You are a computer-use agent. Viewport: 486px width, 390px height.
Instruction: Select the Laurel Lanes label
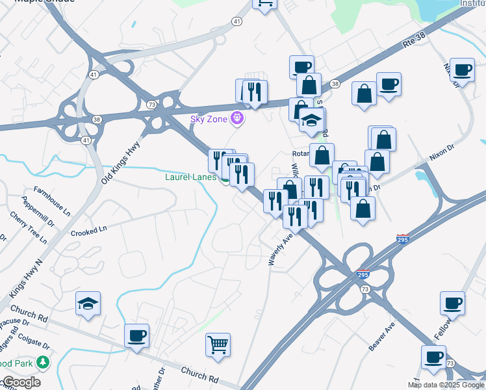(x=190, y=176)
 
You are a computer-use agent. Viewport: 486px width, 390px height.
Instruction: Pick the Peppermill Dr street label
(x=38, y=216)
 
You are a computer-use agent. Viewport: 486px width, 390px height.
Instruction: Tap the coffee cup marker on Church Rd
(x=136, y=336)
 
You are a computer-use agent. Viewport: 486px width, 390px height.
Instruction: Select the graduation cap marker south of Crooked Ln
(x=88, y=304)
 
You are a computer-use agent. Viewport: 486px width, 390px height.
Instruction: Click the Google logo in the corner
(x=21, y=382)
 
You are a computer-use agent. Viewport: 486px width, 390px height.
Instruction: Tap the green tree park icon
(x=43, y=361)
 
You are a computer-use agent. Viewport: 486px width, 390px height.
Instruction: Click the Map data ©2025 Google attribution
(x=446, y=385)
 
